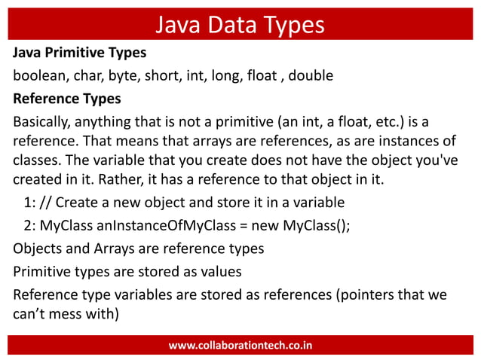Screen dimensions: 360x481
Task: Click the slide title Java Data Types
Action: pos(240,25)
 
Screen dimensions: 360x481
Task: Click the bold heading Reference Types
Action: pos(66,99)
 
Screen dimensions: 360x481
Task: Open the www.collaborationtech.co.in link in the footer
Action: pos(240,346)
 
